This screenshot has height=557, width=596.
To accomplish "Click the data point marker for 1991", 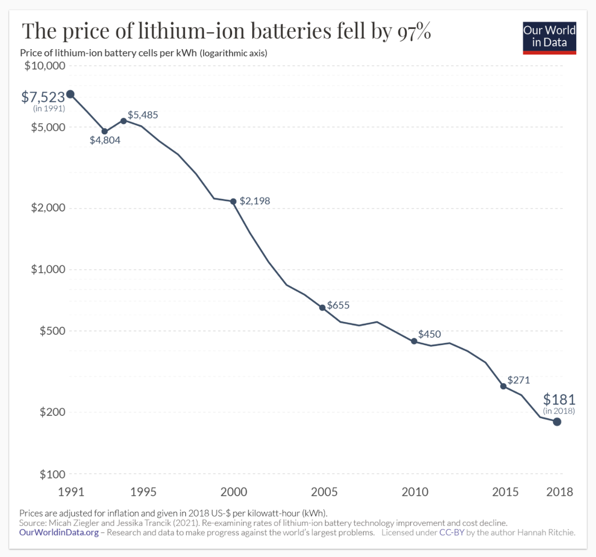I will (71, 94).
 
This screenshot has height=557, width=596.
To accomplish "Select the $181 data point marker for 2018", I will (557, 422).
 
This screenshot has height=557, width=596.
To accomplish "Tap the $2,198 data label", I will (255, 201).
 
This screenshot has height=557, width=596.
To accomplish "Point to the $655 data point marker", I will (322, 308).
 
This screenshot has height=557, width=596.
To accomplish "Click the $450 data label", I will (430, 334).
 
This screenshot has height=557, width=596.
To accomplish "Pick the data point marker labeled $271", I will (503, 386).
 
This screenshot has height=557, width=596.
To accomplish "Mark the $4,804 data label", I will (105, 141).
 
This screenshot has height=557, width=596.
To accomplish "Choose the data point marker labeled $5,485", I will (123, 121).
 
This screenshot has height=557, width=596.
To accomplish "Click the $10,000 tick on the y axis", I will (45, 66).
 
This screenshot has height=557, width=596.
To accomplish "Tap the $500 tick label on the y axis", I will (53, 331).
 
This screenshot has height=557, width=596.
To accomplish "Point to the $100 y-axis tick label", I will (53, 475).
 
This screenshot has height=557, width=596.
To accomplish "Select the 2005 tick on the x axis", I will (324, 492).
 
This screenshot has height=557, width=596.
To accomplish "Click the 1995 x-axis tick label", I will (143, 492).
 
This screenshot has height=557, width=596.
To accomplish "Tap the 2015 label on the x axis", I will (505, 492).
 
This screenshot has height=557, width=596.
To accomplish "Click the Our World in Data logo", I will (549, 37).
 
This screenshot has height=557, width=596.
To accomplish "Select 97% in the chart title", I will (414, 31).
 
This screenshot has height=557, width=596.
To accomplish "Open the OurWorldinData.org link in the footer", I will (59, 533).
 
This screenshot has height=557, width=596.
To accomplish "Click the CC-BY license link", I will (451, 533).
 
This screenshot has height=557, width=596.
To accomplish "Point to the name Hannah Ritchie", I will (546, 533).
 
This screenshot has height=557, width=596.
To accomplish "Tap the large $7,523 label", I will (43, 97).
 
